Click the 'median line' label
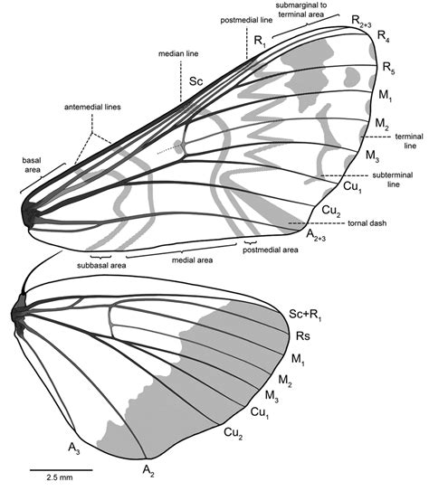pyautogui.click(x=178, y=54)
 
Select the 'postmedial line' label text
pyautogui.click(x=246, y=21)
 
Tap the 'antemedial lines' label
pyautogui.click(x=92, y=107)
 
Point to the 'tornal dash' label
pyautogui.click(x=367, y=223)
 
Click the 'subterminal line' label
pyautogui.click(x=393, y=180)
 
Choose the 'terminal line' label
pyautogui.click(x=409, y=141)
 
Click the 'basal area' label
pyautogui.click(x=32, y=165)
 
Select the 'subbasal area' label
pyautogui.click(x=101, y=266)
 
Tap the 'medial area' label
pyautogui.click(x=193, y=260)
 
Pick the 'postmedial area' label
pyautogui.click(x=271, y=250)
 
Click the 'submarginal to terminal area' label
pyautogui.click(x=301, y=10)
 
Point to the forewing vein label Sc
pyautogui.click(x=196, y=81)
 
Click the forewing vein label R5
pyautogui.click(x=388, y=68)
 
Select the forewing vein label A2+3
pyautogui.click(x=316, y=235)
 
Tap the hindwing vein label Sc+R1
pyautogui.click(x=305, y=315)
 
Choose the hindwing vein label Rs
pyautogui.click(x=303, y=336)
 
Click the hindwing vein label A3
pyautogui.click(x=74, y=449)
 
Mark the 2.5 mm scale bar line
pyautogui.click(x=62, y=470)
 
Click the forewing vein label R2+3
pyautogui.click(x=361, y=22)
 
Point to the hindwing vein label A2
pyautogui.click(x=148, y=470)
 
